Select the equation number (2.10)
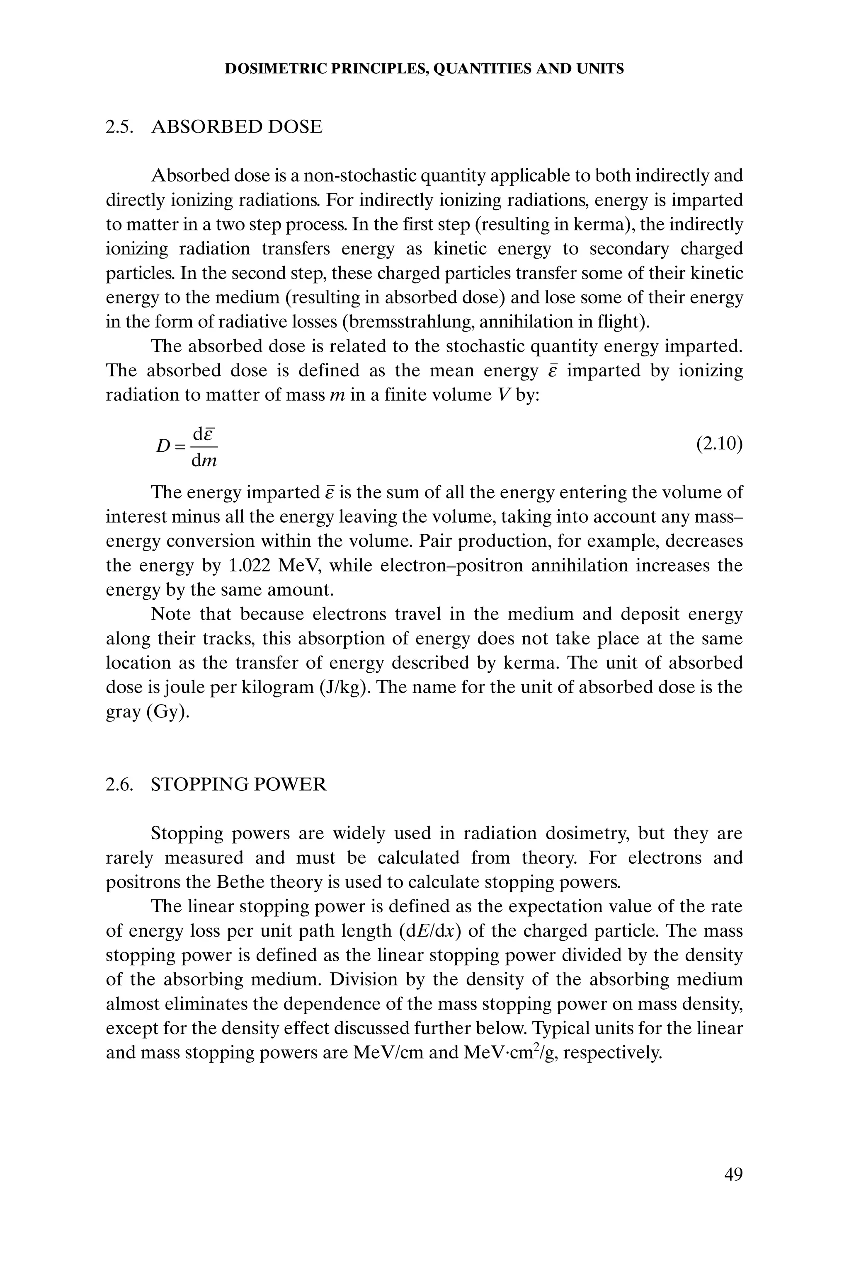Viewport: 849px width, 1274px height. tap(719, 444)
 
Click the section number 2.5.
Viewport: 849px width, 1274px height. tap(119, 127)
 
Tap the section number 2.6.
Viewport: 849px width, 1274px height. tap(119, 784)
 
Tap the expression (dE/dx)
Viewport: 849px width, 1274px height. tap(430, 931)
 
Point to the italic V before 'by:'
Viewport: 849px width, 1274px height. tap(502, 395)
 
